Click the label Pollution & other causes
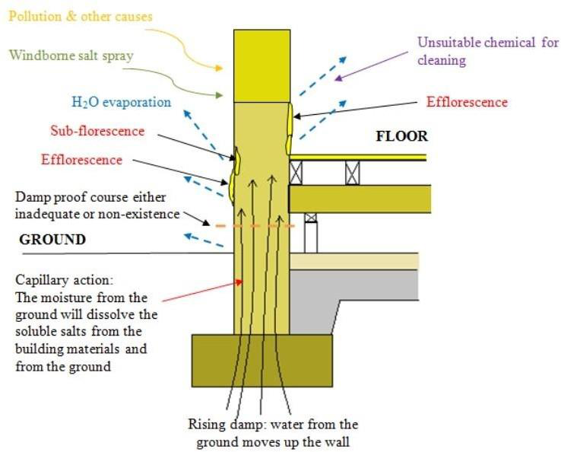tap(81, 17)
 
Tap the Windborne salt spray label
tap(71, 56)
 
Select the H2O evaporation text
tap(122, 103)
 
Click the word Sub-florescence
tap(97, 131)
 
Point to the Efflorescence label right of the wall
tap(467, 102)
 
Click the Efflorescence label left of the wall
tap(81, 160)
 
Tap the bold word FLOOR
tap(402, 136)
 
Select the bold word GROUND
tap(52, 240)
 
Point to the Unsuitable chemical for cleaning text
tap(488, 51)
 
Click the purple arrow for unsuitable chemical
tap(372, 66)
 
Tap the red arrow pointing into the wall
tap(203, 291)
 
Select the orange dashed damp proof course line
tap(255, 226)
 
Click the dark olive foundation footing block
tap(262, 361)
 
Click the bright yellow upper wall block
tap(262, 66)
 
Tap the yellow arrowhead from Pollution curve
tap(218, 68)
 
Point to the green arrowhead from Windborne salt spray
tap(218, 95)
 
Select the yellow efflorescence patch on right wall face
tap(290, 129)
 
